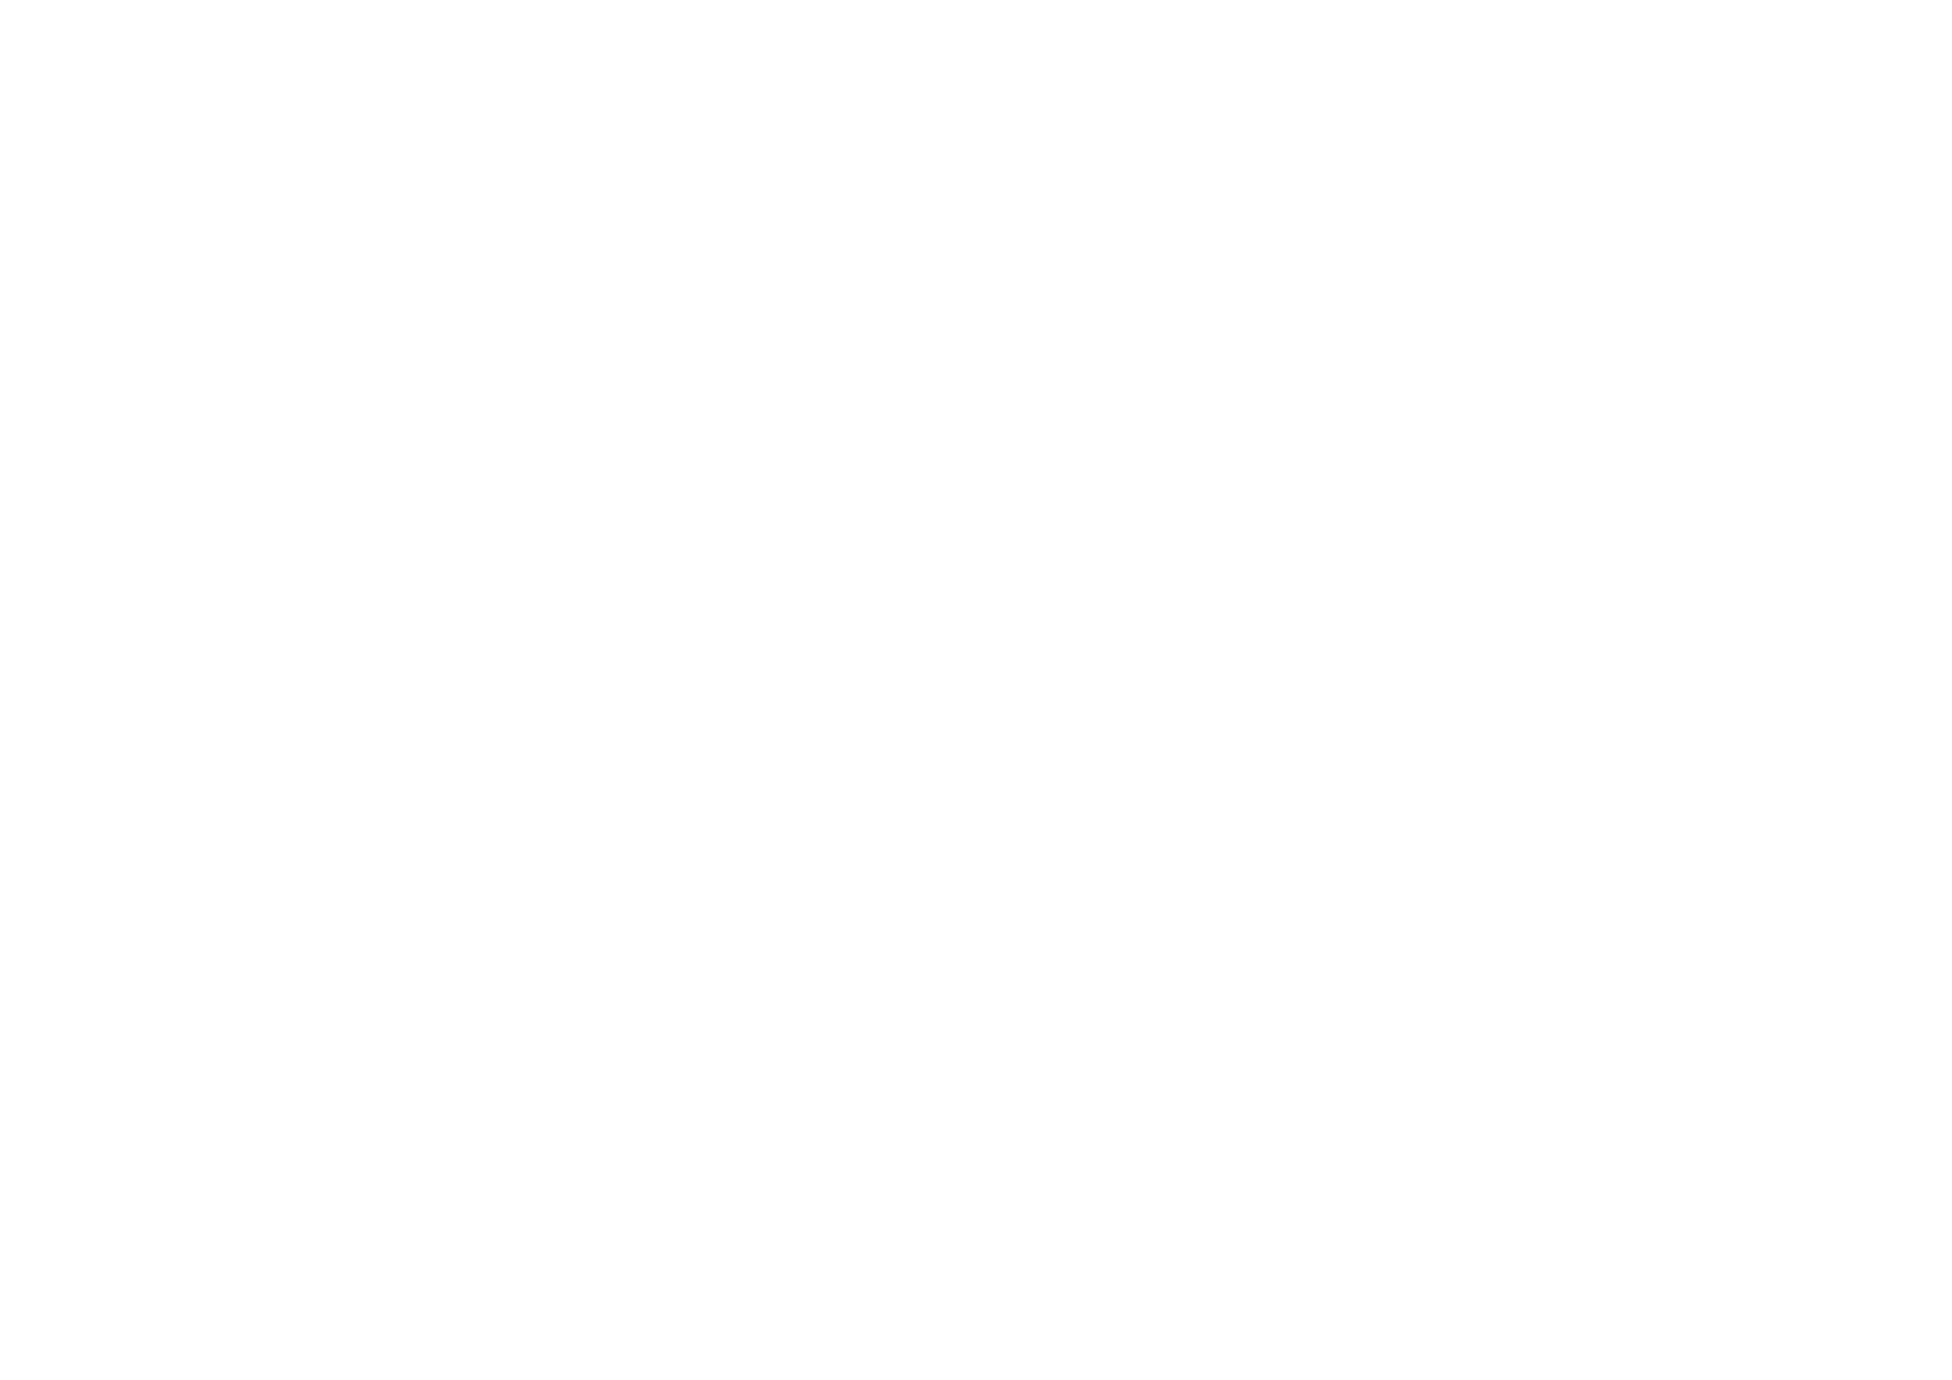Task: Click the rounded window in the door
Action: tap(532, 495)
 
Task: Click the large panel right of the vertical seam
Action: tap(1063, 638)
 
